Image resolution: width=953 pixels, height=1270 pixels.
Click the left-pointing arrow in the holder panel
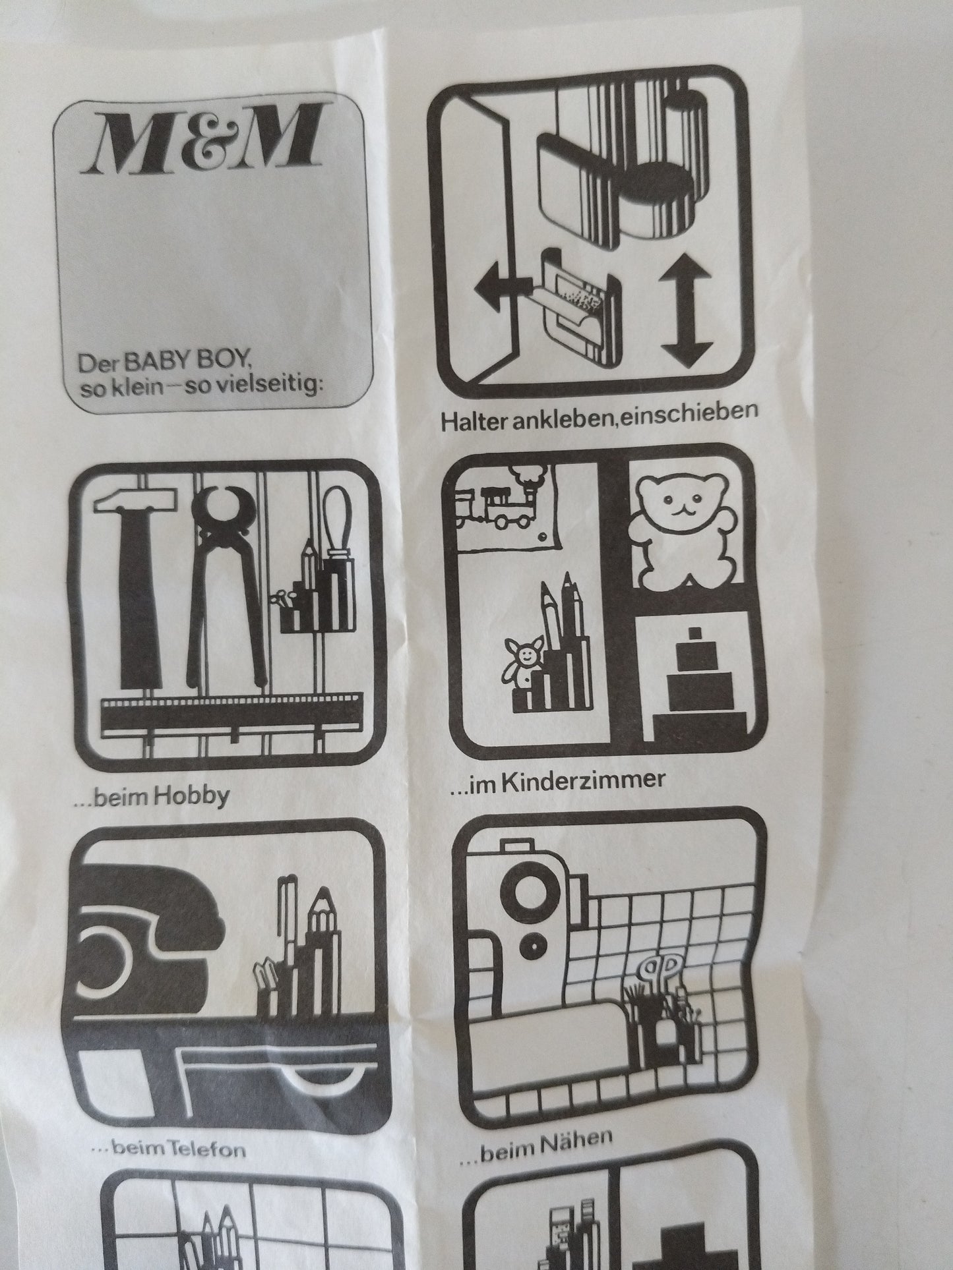point(501,288)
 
